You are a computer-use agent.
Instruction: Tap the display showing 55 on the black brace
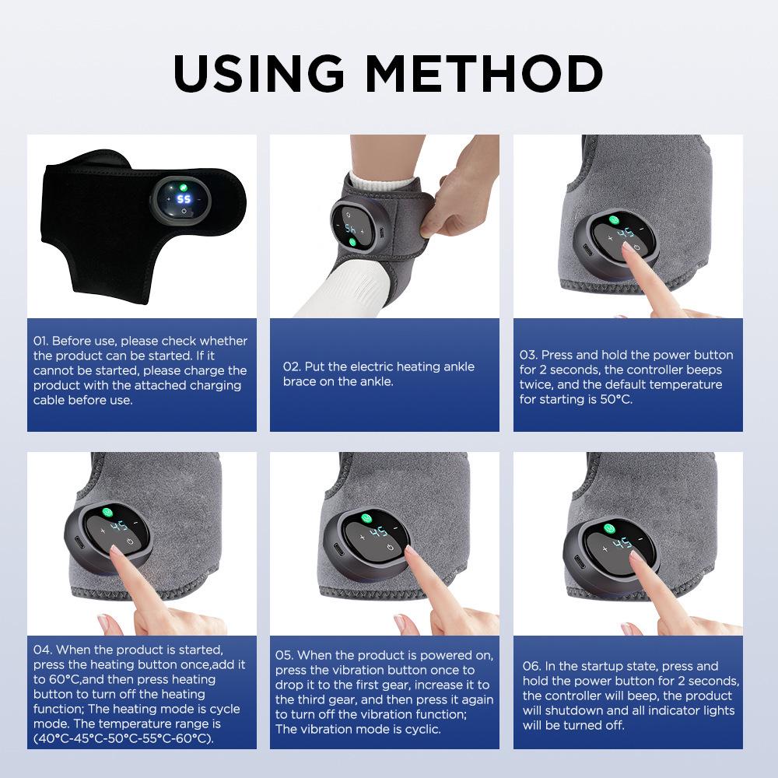184,199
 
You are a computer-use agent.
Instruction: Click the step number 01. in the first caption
41,341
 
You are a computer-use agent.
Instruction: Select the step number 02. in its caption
292,366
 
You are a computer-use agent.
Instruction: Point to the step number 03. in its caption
529,355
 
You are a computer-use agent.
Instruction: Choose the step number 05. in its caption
285,655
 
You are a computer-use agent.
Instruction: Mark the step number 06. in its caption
532,666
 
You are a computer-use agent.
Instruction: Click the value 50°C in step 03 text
615,399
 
